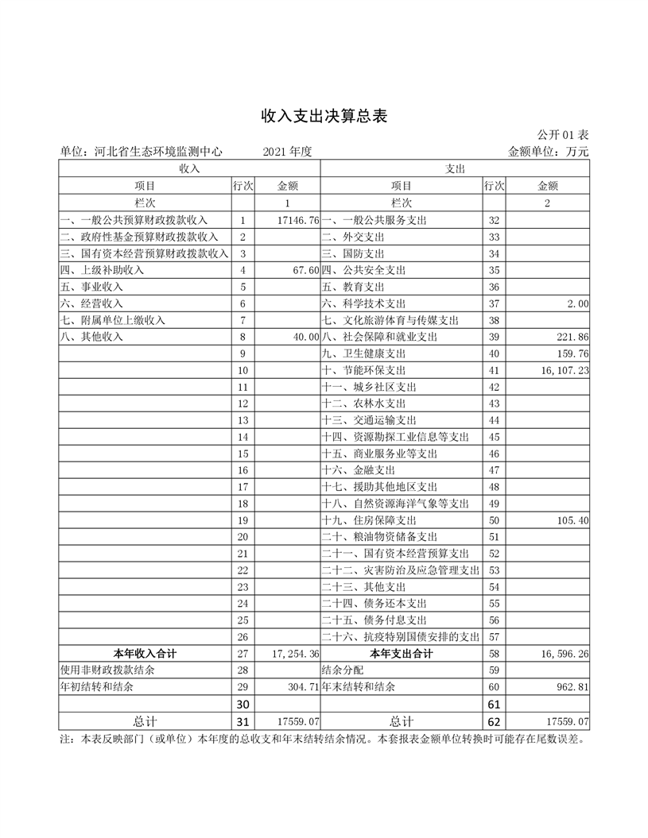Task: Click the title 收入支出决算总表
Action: click(x=324, y=116)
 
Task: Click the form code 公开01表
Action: click(x=562, y=135)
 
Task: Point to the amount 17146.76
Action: click(x=294, y=220)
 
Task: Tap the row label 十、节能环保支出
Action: click(x=363, y=370)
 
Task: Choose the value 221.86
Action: click(x=572, y=337)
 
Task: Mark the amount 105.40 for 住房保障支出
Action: click(x=572, y=520)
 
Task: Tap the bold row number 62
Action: click(x=494, y=721)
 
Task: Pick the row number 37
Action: click(x=494, y=303)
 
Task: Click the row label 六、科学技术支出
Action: click(x=363, y=303)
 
